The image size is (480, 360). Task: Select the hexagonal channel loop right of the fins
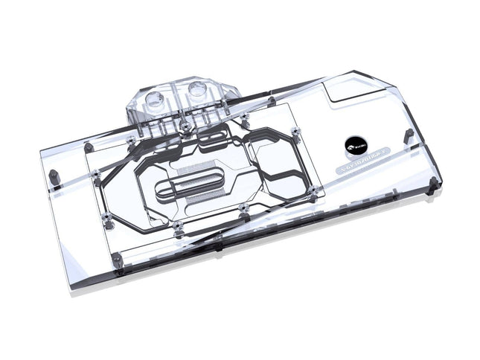(278, 167)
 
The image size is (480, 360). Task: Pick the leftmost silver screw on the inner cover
(97, 175)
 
